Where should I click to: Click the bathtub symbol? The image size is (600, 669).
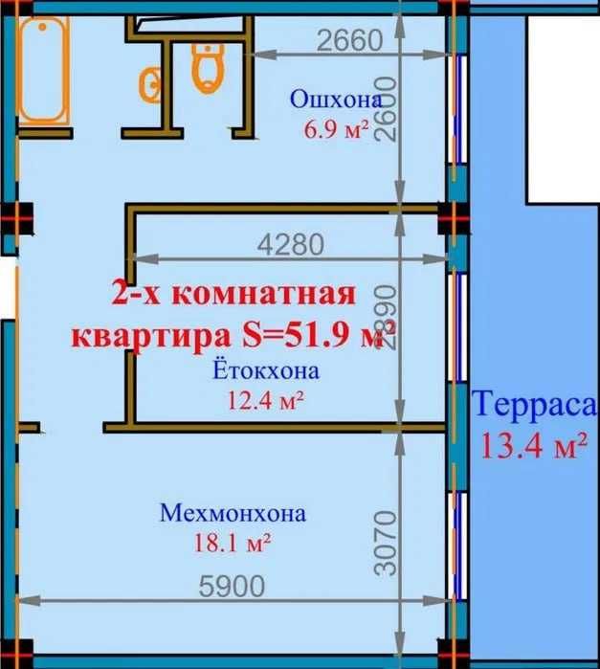[43, 72]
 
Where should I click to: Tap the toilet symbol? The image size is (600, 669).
[208, 67]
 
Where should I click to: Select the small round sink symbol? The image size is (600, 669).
[150, 85]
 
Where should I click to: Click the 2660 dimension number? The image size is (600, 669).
[350, 39]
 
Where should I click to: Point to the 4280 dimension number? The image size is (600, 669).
[291, 245]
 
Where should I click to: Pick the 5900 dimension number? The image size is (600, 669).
[232, 586]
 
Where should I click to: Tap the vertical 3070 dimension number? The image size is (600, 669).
[386, 543]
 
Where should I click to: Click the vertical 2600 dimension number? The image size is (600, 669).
[386, 109]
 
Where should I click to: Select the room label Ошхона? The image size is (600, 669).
[336, 99]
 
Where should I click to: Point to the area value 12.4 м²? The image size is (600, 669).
[266, 400]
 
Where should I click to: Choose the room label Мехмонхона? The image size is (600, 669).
[233, 513]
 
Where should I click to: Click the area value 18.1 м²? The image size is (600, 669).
[233, 543]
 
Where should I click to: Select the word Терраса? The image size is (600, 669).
[535, 404]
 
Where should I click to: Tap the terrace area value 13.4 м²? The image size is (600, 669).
[534, 445]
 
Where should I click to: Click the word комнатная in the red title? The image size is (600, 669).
[264, 294]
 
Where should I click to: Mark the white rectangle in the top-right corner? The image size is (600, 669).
[564, 110]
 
